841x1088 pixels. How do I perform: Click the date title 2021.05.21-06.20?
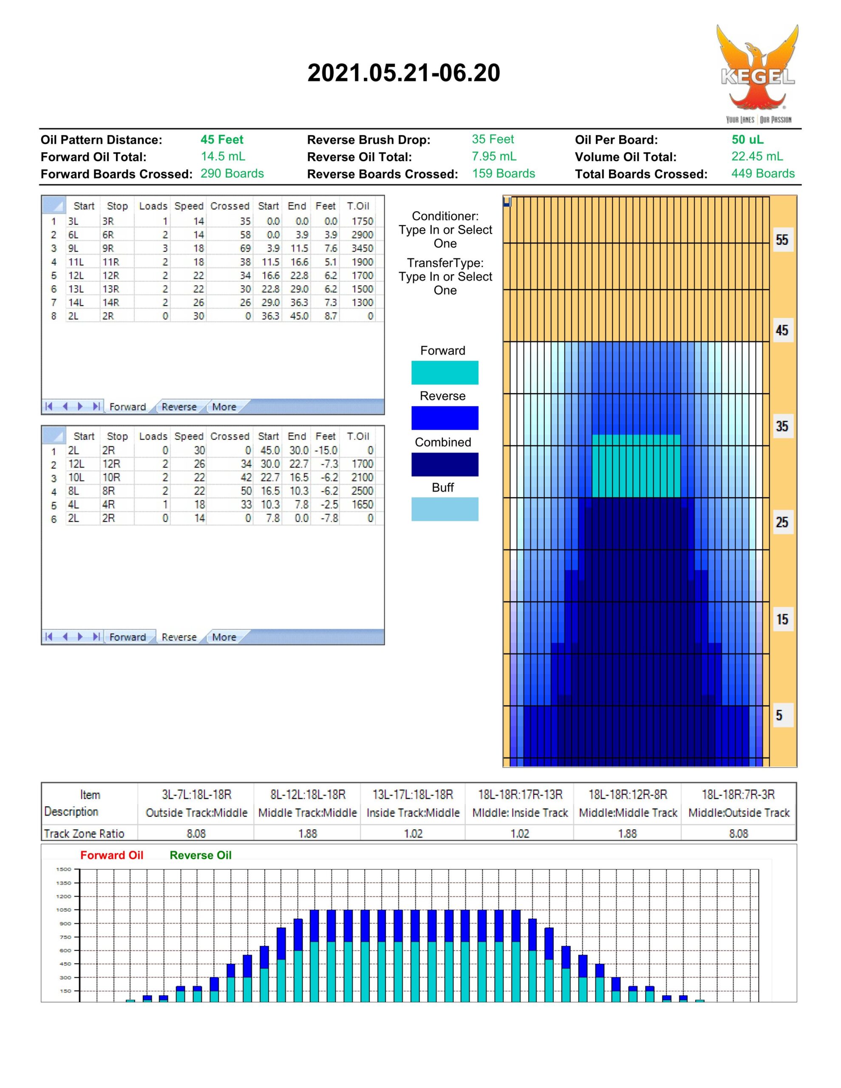[x=404, y=73]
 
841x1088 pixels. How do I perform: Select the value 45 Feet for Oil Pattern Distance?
[x=222, y=139]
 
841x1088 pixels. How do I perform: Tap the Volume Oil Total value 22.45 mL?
[x=757, y=156]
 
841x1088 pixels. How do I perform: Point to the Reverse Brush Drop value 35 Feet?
[x=493, y=139]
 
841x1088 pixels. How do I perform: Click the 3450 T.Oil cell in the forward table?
[x=362, y=248]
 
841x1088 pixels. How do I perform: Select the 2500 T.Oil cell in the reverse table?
[x=362, y=491]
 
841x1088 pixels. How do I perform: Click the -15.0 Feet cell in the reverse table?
[x=326, y=450]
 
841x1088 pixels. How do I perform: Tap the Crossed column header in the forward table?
[x=229, y=206]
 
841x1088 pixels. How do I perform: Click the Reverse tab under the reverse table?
[x=179, y=637]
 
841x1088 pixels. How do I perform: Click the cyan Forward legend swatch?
[x=445, y=373]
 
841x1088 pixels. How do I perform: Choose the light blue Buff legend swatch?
[x=445, y=509]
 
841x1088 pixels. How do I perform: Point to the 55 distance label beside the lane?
[x=782, y=240]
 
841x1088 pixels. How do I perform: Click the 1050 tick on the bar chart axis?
[x=64, y=909]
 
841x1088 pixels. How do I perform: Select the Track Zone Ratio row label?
[x=84, y=833]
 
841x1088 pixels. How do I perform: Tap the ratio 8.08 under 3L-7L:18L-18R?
[x=196, y=833]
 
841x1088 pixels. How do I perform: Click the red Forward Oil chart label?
[x=112, y=856]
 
